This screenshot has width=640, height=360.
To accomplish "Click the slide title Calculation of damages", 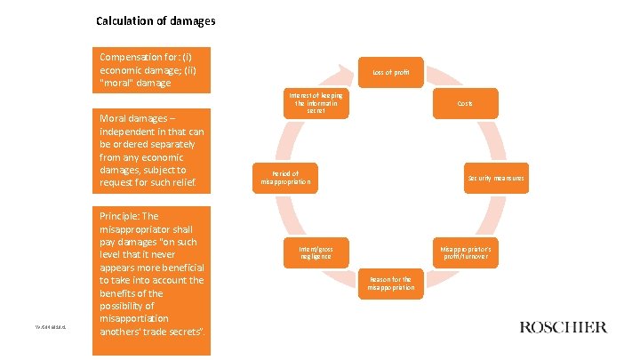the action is pyautogui.click(x=156, y=20).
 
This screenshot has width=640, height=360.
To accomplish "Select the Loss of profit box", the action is pyautogui.click(x=391, y=71).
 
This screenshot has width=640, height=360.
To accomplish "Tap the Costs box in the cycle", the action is pyautogui.click(x=465, y=104).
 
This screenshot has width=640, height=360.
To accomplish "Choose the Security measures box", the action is pyautogui.click(x=496, y=178).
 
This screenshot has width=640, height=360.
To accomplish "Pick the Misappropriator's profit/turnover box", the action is pyautogui.click(x=466, y=252).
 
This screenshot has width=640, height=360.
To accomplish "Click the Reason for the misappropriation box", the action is pyautogui.click(x=391, y=283).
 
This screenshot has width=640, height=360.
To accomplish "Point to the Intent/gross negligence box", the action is pyautogui.click(x=316, y=252).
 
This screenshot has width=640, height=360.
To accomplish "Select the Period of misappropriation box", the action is pyautogui.click(x=286, y=178).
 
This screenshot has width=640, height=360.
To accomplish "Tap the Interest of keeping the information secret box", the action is pyautogui.click(x=316, y=103).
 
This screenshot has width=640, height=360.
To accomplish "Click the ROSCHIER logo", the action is pyautogui.click(x=563, y=326).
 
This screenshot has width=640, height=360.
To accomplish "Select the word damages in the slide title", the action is pyautogui.click(x=191, y=20).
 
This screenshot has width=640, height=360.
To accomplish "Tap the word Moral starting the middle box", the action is pyautogui.click(x=115, y=118).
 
